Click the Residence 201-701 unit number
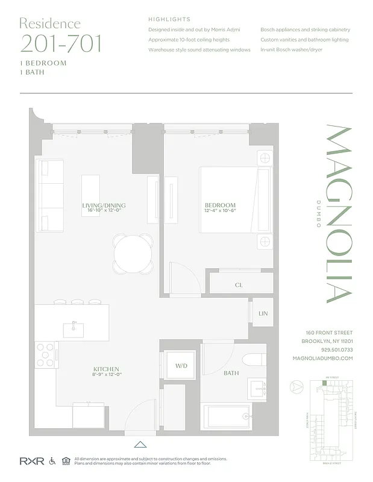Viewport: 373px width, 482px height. point(60,43)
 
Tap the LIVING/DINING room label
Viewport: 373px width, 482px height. point(104,205)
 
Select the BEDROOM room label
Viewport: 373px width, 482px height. point(219,205)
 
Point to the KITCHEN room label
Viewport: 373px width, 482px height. point(105,369)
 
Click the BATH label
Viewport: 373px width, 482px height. point(231,374)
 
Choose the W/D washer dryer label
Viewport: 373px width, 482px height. point(181,366)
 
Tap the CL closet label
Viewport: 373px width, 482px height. point(239,284)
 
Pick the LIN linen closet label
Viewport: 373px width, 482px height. point(263,314)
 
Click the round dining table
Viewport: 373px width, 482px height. point(133,254)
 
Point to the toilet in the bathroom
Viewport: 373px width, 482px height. point(253,359)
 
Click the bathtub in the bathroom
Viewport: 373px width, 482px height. point(227,418)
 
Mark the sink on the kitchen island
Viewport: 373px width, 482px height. point(74,329)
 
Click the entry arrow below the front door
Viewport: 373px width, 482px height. point(140,445)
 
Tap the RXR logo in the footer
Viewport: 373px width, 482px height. point(30,461)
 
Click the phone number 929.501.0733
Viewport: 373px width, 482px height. point(329,349)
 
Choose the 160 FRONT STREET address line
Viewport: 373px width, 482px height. point(329,333)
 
